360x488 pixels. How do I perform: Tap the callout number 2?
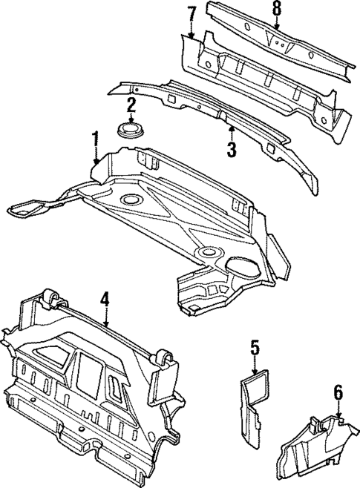[x=131, y=105]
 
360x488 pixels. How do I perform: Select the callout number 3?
[x=231, y=150]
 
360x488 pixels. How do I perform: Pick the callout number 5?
[x=254, y=347]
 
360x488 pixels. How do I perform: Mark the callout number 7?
[x=191, y=13]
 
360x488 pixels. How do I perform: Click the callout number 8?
[x=277, y=9]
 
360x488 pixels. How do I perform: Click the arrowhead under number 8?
[x=277, y=30]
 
